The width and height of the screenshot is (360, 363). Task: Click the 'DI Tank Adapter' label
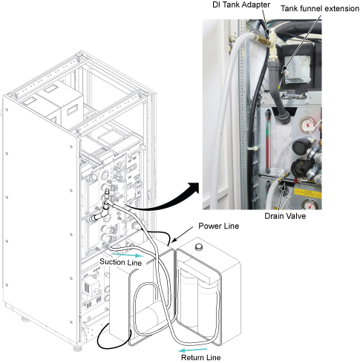[241, 4]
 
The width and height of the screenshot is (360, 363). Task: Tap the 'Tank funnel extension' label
[320, 9]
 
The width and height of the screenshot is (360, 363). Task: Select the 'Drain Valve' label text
[285, 216]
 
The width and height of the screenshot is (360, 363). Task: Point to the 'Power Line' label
[219, 226]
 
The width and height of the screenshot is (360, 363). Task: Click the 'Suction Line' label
[120, 262]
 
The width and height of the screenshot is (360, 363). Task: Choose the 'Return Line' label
[200, 357]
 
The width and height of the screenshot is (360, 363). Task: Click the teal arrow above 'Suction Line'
[128, 255]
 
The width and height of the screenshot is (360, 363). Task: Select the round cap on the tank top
[198, 246]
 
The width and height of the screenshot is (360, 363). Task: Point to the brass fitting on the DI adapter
[261, 40]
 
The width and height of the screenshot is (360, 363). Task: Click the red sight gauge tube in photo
[268, 143]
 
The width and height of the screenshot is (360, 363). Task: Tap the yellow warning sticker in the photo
[308, 193]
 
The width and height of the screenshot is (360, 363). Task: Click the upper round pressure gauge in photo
[307, 125]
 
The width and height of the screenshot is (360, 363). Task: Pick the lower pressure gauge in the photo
[310, 204]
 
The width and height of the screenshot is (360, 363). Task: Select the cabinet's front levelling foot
[78, 347]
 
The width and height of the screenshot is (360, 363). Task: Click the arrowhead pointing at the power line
[174, 241]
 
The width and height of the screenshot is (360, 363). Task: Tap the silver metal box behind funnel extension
[297, 69]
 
